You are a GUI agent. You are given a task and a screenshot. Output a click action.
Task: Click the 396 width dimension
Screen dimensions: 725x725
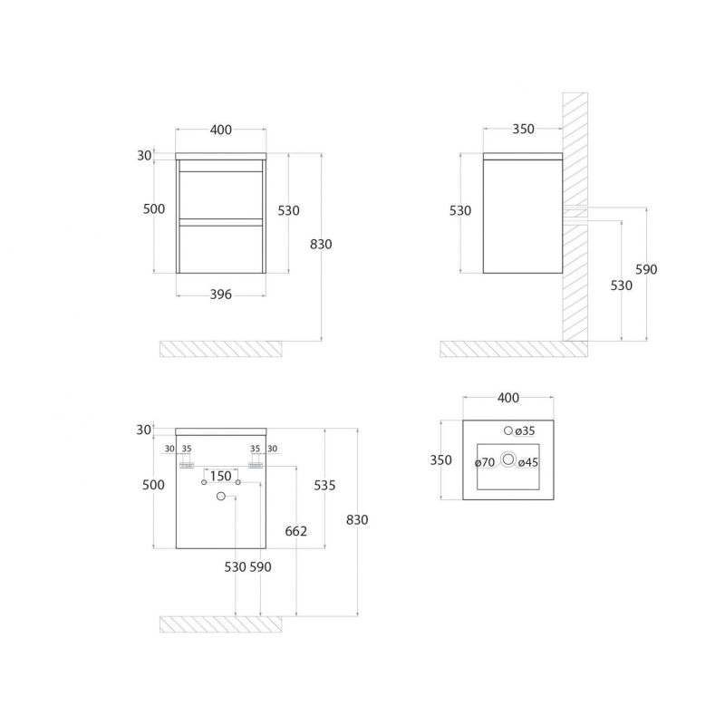(x=220, y=295)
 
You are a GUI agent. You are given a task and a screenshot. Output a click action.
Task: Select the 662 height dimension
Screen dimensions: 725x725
(x=296, y=531)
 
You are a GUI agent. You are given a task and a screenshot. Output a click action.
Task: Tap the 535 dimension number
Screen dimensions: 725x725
(x=324, y=486)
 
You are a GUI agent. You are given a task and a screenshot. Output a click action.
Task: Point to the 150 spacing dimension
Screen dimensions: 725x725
(x=220, y=476)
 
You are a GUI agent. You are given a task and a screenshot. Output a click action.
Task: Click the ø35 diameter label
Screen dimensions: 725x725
(x=525, y=431)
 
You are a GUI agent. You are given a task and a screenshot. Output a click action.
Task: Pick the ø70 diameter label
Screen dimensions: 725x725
(x=485, y=462)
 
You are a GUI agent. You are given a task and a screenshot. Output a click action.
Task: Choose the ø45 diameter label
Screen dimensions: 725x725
(x=528, y=462)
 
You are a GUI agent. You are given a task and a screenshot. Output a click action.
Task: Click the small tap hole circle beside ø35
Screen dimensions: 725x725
(x=508, y=430)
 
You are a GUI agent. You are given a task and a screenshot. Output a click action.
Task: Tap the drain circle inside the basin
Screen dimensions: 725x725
(x=508, y=459)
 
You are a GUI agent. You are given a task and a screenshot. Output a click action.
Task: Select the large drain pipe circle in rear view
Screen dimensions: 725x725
(x=221, y=496)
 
